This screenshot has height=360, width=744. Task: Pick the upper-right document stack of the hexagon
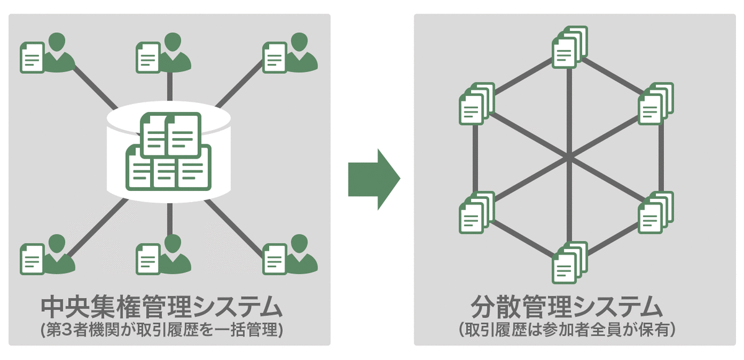click(x=657, y=102)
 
